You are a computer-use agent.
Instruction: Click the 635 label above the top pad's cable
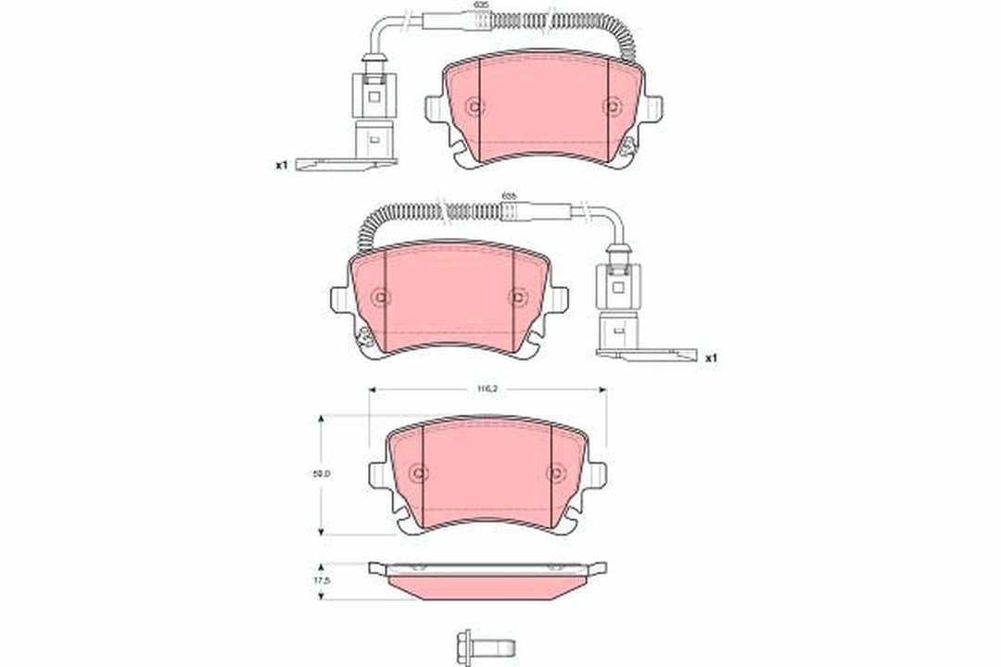click(481, 6)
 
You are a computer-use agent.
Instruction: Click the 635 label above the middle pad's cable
click(508, 195)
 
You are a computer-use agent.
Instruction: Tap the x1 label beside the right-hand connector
click(711, 357)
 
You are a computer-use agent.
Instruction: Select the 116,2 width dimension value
click(487, 390)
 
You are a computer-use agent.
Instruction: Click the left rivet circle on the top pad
click(475, 107)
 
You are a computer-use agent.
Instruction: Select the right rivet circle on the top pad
click(611, 107)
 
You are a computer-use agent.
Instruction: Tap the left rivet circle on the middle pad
click(380, 296)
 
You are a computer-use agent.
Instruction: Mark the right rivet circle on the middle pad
click(516, 296)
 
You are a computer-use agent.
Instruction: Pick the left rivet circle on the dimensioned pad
click(419, 473)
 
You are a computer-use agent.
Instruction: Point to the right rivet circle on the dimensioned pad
click(554, 473)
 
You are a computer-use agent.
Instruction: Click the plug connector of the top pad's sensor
click(374, 97)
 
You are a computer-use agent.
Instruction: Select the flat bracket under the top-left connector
click(353, 162)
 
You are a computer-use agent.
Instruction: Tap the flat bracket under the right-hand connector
click(646, 353)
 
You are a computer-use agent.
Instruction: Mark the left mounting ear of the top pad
click(436, 107)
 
